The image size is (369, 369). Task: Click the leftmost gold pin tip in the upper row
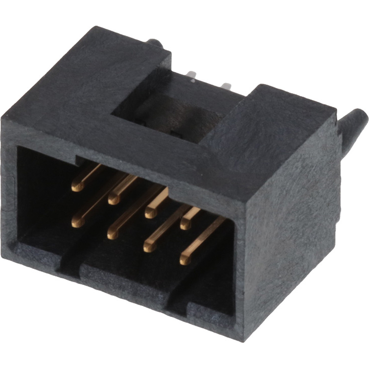pos(77,187)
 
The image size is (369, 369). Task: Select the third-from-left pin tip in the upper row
pos(151,213)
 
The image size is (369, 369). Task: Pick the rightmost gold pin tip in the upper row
pos(186,224)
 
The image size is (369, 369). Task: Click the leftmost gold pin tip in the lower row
pos(77,221)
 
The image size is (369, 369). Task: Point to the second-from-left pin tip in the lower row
pos(112,234)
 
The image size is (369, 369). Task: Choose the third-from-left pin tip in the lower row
pos(149,247)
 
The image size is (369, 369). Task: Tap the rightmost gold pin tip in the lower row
pos(186,260)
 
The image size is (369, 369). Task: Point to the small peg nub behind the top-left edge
pos(156,43)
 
